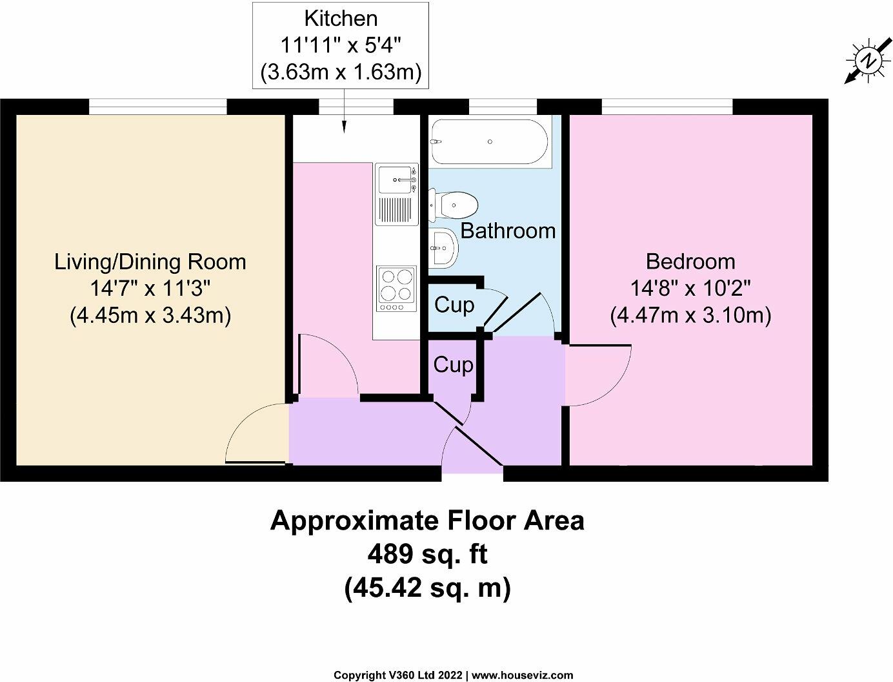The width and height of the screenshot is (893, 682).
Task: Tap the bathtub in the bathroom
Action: point(489,141)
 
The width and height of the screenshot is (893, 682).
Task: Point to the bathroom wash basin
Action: point(443,247)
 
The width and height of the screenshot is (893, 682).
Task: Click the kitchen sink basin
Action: point(395,180)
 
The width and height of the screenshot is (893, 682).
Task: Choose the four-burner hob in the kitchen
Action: point(396,289)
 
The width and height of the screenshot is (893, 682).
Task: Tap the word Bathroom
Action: point(508,231)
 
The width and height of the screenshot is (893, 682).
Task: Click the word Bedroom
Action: point(690,262)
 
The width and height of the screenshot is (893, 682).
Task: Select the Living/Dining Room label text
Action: point(150,262)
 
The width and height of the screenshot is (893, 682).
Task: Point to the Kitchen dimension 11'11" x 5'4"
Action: point(341,46)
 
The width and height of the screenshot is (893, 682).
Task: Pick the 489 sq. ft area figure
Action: point(427,554)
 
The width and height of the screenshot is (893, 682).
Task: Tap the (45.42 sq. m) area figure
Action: point(427,588)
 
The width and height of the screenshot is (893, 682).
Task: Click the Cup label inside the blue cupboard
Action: point(454,305)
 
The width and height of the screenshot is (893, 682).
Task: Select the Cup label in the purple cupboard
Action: point(453,365)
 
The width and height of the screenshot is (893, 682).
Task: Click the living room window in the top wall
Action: point(158,107)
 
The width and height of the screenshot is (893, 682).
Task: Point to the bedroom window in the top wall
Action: point(667,107)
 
